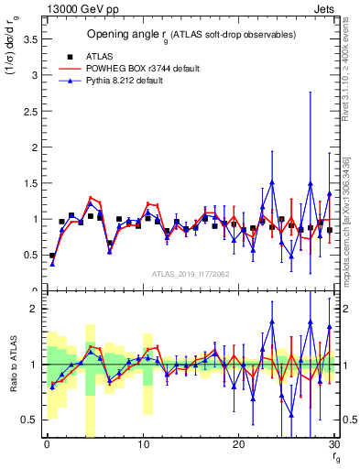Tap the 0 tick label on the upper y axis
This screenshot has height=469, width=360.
click(34, 290)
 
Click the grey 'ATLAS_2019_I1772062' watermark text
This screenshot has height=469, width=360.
click(190, 274)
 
